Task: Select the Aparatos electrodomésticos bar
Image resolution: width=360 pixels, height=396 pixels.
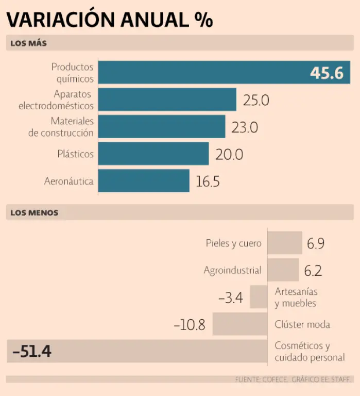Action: pyautogui.click(x=167, y=100)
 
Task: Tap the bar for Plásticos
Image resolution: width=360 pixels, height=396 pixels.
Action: pyautogui.click(x=153, y=154)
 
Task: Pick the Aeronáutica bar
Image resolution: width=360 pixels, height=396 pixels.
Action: pyautogui.click(x=144, y=181)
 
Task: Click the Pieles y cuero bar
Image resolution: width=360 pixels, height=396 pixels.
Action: pyautogui.click(x=285, y=243)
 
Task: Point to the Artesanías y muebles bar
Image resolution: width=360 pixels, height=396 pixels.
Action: pyautogui.click(x=259, y=297)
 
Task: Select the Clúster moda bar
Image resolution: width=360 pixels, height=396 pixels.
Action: pyautogui.click(x=240, y=324)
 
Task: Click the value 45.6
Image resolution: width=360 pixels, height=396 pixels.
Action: pyautogui.click(x=327, y=73)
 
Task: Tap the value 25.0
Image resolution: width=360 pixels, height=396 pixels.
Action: pyautogui.click(x=256, y=100)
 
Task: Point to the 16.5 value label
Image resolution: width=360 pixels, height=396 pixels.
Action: pyautogui.click(x=208, y=181)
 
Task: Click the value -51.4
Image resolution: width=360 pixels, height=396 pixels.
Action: pyautogui.click(x=32, y=352)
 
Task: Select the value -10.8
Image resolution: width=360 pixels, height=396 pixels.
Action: pyautogui.click(x=190, y=325)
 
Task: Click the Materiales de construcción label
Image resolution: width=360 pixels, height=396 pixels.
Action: pyautogui.click(x=61, y=127)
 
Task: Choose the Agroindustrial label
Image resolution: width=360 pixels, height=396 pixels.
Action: pyautogui.click(x=233, y=270)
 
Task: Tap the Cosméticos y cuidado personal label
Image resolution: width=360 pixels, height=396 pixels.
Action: pyautogui.click(x=310, y=352)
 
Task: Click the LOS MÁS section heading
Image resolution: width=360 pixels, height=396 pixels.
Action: pyautogui.click(x=28, y=43)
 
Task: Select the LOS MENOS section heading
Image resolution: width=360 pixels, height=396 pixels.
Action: pyautogui.click(x=34, y=212)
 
